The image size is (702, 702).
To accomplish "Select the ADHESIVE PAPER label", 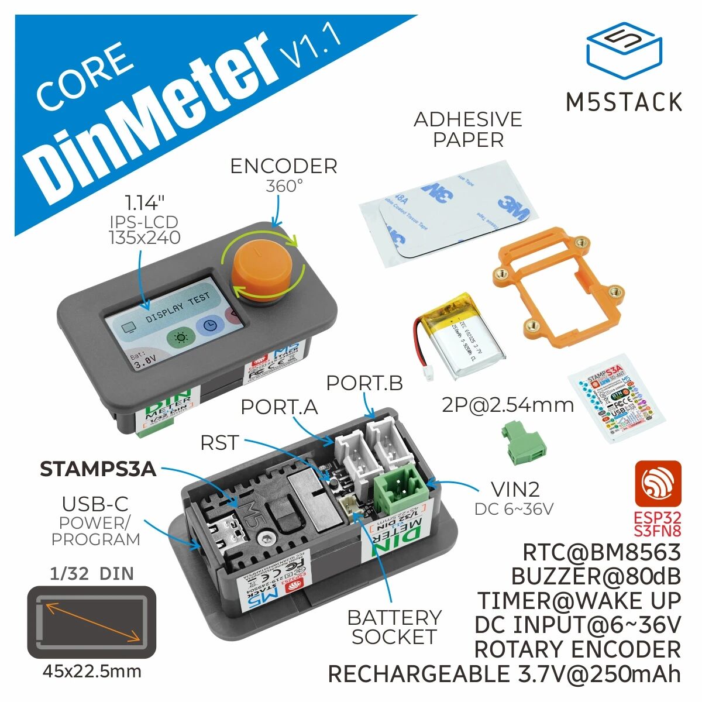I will point(467,129).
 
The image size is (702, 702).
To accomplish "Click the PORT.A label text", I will point(280,407).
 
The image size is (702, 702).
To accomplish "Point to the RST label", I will point(219,443).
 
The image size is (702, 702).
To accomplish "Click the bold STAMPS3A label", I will point(98,469).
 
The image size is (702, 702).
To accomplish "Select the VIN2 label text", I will point(507,489).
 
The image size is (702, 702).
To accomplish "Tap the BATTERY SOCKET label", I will point(394,627).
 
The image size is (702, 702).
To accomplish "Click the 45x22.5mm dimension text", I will point(92,670).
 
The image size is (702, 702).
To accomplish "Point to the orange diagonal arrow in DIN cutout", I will point(92,621).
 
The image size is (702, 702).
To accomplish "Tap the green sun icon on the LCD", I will point(179,338).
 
